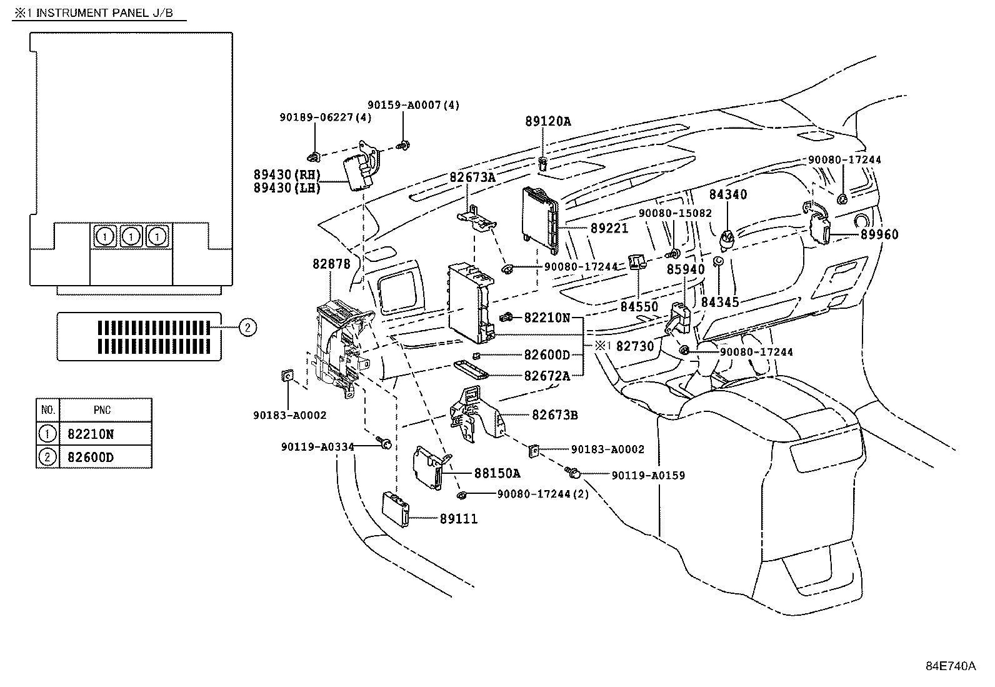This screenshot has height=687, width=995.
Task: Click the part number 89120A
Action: pyautogui.click(x=547, y=122)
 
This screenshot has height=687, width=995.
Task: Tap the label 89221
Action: pyautogui.click(x=609, y=229)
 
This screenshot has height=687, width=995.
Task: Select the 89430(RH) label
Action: pyautogui.click(x=287, y=174)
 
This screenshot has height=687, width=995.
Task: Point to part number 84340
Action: pyautogui.click(x=728, y=194)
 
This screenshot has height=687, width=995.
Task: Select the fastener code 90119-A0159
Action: pyautogui.click(x=648, y=475)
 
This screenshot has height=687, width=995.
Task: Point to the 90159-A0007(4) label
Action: pyautogui.click(x=413, y=105)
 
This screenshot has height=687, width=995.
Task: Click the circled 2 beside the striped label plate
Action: pyautogui.click(x=247, y=327)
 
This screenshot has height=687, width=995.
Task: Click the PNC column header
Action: pyautogui.click(x=102, y=410)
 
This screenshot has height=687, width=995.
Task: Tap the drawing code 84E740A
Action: pyautogui.click(x=950, y=666)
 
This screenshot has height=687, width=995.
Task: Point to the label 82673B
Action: pyautogui.click(x=554, y=414)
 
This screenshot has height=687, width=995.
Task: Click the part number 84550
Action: pyautogui.click(x=639, y=307)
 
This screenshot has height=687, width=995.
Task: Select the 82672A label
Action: pyautogui.click(x=547, y=376)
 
